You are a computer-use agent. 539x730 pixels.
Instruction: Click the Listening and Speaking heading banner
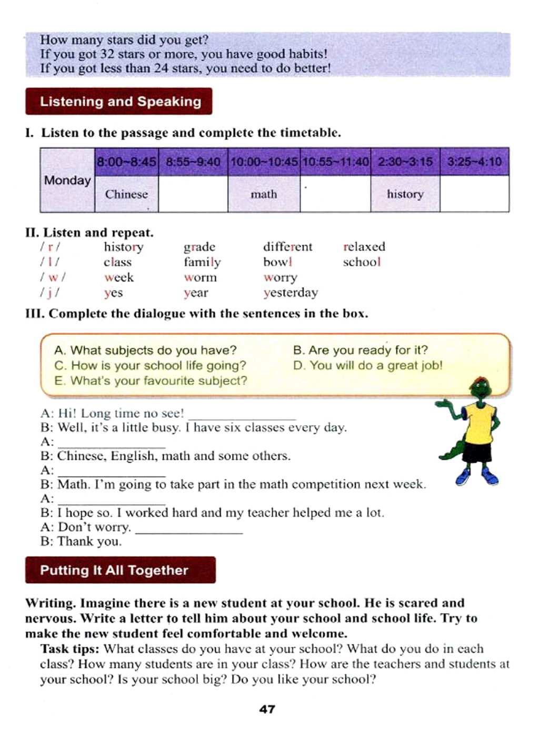point(118,102)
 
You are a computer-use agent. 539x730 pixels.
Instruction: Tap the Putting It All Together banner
point(120,570)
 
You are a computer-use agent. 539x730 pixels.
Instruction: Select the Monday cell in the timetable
point(67,181)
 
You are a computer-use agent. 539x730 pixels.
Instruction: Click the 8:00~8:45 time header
point(126,162)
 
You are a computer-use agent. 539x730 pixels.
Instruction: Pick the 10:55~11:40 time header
point(335,162)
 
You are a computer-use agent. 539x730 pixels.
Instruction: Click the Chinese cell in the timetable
point(126,194)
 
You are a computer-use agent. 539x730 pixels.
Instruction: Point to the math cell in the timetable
point(264,194)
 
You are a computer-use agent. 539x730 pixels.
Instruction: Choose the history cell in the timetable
point(405,194)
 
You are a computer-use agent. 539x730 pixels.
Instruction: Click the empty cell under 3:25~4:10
point(474,194)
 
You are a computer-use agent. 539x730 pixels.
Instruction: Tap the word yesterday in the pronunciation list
point(291,293)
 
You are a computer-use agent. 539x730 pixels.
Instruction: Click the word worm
point(200,277)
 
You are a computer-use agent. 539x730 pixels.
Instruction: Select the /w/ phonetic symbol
point(53,277)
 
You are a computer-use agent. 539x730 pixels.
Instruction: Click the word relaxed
point(364,247)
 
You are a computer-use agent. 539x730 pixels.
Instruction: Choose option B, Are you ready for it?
point(361,350)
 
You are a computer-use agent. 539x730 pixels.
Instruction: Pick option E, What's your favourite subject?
point(151,381)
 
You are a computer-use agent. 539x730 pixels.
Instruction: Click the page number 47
point(267,709)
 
